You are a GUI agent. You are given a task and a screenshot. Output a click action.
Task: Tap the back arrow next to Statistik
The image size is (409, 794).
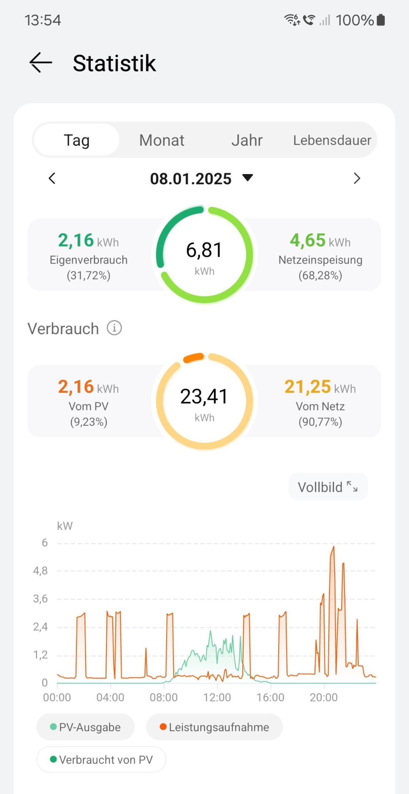coord(41,63)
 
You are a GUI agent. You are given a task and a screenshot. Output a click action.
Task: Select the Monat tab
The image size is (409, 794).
coord(162,140)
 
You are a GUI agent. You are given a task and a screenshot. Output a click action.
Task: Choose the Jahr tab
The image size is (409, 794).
coord(247,140)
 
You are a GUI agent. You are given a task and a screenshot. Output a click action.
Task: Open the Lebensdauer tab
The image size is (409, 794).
coord(332,140)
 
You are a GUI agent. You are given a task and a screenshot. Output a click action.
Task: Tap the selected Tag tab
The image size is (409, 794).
coord(77,140)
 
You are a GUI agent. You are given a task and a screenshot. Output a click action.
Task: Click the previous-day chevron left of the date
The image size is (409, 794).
coord(52,178)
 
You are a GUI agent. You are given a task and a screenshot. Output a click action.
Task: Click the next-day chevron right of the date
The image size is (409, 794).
coord(357,178)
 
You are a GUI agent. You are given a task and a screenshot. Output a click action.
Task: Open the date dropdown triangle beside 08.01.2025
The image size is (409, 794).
coord(248,177)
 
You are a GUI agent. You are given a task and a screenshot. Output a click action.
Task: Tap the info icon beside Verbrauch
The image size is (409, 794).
coord(114,328)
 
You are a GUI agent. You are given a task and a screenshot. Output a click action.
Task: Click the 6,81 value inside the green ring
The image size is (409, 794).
coord(204,250)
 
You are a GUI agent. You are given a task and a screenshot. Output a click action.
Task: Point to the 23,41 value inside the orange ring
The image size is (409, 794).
coord(204,396)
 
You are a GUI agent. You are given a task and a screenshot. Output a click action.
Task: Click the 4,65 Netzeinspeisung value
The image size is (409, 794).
coord(307,240)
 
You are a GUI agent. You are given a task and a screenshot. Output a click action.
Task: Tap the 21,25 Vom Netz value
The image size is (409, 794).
coord(307,386)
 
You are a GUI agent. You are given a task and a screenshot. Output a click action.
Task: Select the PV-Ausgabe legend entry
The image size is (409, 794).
coord(86,727)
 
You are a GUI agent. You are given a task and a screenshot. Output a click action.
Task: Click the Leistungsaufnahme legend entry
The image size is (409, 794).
coord(214,727)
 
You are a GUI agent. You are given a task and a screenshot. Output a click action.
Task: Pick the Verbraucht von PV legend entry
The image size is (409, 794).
coord(102,760)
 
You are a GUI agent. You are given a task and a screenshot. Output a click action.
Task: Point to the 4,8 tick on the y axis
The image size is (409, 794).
coord(40,571)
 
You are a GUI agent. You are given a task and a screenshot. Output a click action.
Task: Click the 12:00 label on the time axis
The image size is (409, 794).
coord(217,698)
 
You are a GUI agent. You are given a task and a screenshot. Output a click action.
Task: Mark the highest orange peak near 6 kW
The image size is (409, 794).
coord(334,547)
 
